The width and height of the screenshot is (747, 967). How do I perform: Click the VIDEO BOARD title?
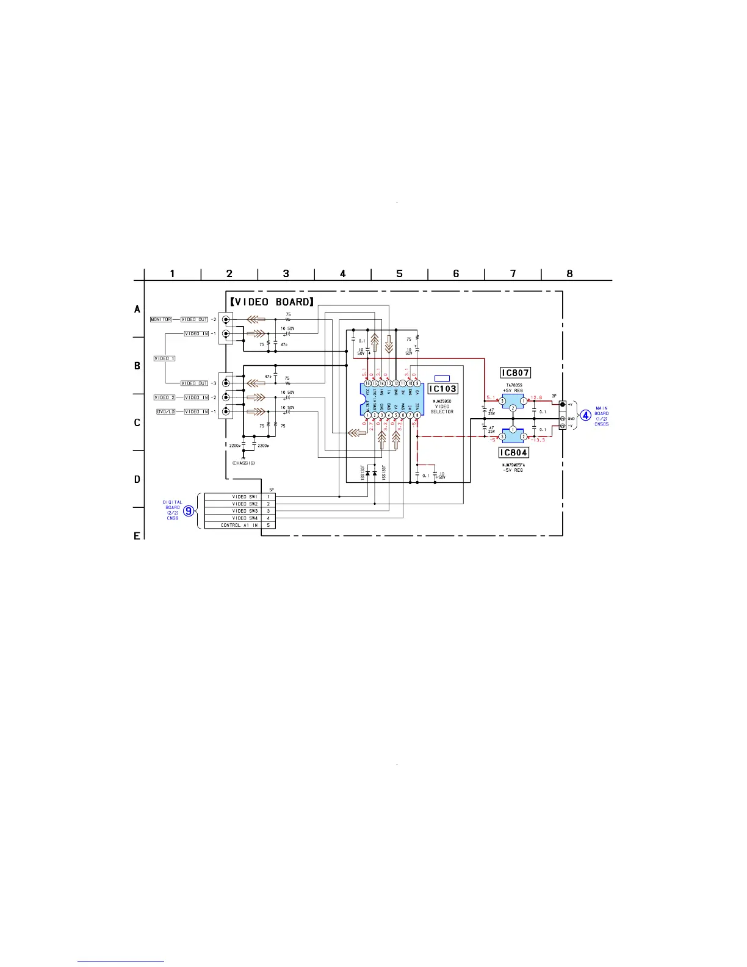[x=272, y=302]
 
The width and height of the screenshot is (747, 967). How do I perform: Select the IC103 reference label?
[x=442, y=388]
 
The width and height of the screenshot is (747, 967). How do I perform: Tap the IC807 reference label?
[x=514, y=372]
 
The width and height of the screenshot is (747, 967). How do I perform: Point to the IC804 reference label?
[x=513, y=452]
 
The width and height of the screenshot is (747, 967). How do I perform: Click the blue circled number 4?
[x=585, y=415]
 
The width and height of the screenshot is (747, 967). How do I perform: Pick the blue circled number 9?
[x=190, y=510]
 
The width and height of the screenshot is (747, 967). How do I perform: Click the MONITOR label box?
[x=161, y=319]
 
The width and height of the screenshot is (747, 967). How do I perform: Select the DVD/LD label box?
[x=165, y=411]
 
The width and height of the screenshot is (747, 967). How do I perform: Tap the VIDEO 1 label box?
[x=164, y=358]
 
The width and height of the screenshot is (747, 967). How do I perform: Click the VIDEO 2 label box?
[x=164, y=397]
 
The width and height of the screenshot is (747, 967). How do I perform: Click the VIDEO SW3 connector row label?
[x=245, y=511]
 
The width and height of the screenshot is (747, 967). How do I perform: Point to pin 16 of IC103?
[x=367, y=383]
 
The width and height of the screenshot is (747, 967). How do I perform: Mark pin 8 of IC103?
[x=417, y=415]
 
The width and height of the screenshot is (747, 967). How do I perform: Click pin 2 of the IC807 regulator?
[x=513, y=408]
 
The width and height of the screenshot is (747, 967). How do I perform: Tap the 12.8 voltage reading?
[x=536, y=397]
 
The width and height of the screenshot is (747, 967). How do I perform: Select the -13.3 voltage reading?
[x=537, y=440]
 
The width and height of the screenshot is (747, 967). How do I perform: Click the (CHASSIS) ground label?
[x=244, y=463]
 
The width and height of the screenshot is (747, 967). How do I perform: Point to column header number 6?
[x=456, y=273]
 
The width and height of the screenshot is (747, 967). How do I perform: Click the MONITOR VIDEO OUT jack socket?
[x=226, y=319]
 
